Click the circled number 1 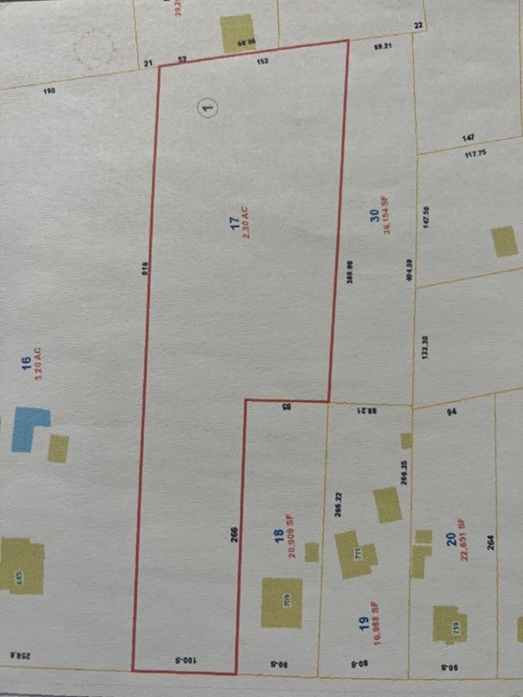(x=209, y=108)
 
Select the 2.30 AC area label (x=245, y=221)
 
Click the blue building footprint (x=29, y=428)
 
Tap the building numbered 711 (x=348, y=554)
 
